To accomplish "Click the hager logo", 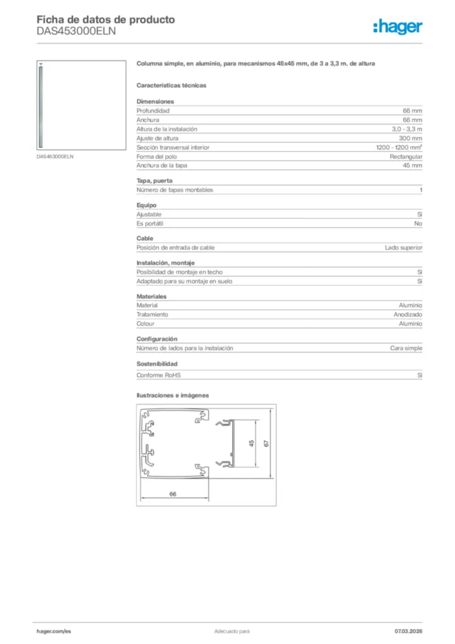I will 397,26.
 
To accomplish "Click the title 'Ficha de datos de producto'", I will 106,19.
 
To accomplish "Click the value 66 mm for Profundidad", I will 412,111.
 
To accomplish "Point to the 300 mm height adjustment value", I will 410,138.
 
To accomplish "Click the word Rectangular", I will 406,157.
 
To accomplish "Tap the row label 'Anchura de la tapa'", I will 162,165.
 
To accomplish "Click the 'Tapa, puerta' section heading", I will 154,181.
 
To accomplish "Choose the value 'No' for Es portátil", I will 418,223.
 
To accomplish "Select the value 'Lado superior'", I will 403,248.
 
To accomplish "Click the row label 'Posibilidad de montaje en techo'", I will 180,272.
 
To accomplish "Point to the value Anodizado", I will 408,314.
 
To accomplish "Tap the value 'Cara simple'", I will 406,348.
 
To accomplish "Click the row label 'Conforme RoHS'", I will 158,375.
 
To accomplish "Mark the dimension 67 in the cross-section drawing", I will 266,443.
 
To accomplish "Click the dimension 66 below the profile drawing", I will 173,494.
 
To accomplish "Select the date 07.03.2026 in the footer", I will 408,631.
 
